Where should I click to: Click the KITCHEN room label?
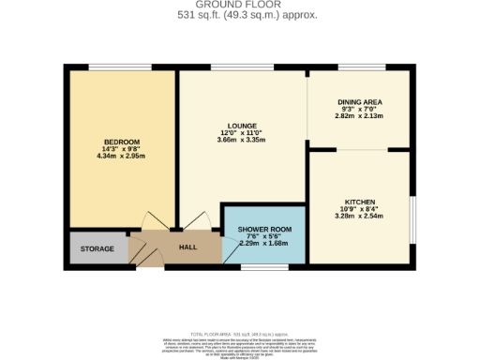pos(360,202)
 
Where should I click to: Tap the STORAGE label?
pos(97,249)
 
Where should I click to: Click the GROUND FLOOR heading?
pos(239,6)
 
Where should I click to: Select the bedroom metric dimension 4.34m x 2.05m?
pos(121,156)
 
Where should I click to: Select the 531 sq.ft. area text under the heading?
pos(239,15)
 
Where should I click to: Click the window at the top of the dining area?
pos(360,67)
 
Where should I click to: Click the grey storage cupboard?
pos(97,249)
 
